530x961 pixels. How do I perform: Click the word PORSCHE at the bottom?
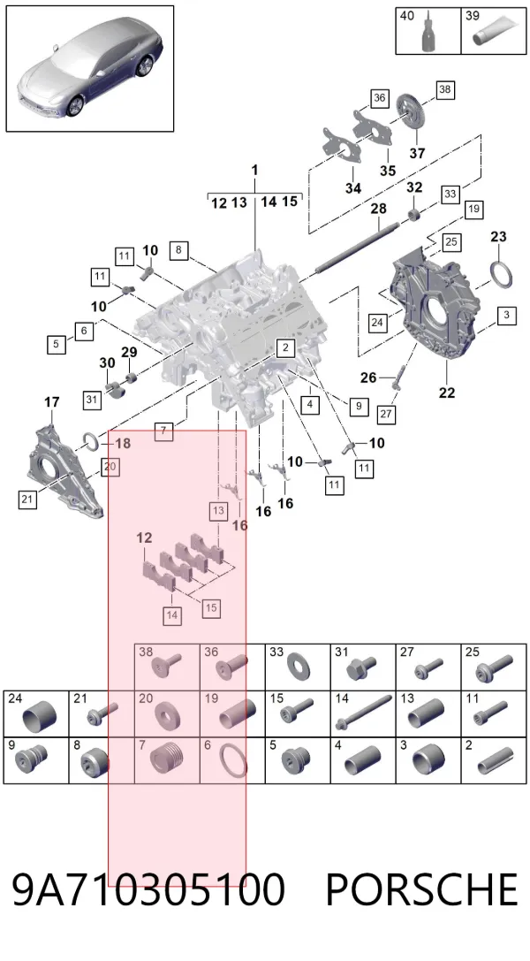tap(421, 890)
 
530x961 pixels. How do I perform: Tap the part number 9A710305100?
tap(148, 890)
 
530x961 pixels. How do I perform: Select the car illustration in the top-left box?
tap(90, 69)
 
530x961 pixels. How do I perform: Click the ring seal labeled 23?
tap(501, 272)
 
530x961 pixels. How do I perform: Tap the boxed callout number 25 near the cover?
tap(451, 241)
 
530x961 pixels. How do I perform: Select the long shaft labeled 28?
tap(358, 247)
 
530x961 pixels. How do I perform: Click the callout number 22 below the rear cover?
tap(447, 393)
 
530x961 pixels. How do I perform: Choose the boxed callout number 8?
tap(178, 249)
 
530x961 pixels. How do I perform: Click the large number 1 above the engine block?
tap(255, 170)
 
